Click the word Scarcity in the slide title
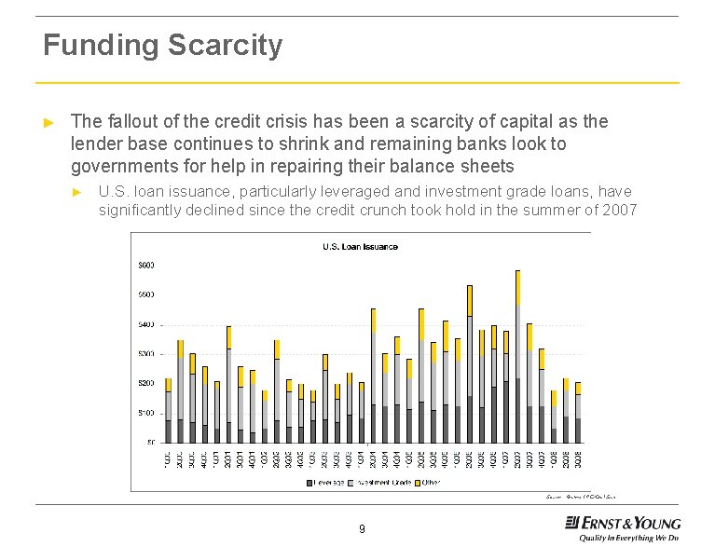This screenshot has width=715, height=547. pos(225,45)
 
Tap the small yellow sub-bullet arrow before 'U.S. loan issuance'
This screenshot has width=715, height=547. pos(79,192)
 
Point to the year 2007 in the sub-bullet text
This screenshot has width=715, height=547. pos(619,210)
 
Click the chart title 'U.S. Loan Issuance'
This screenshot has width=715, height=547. pos(360,247)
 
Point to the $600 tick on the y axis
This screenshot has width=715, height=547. pos(147,266)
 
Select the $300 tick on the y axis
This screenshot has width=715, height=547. pos(147,354)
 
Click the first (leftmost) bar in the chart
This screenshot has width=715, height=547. pos(168,411)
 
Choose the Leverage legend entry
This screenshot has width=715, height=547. pos(326,482)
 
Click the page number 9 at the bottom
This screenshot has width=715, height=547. pos(362,530)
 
